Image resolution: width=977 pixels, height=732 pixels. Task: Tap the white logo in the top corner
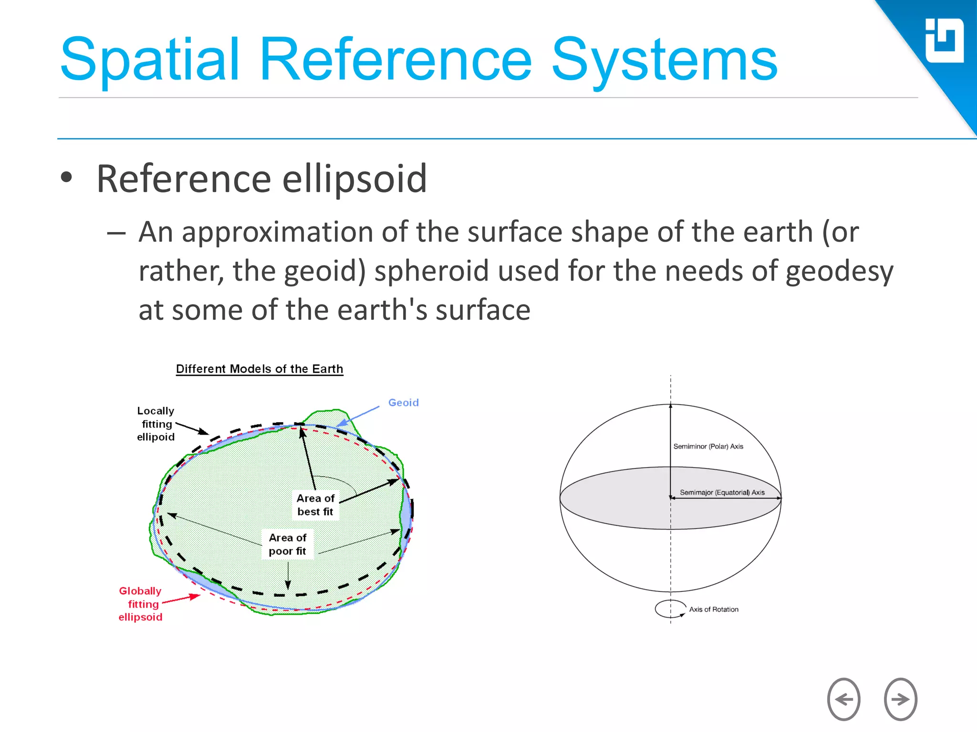(x=944, y=41)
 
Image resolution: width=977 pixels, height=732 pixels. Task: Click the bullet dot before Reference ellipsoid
(x=66, y=177)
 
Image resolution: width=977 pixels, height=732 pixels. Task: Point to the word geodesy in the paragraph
(x=839, y=271)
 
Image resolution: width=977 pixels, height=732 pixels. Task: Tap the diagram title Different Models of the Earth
(x=260, y=369)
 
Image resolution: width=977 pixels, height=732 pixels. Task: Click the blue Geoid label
(x=403, y=402)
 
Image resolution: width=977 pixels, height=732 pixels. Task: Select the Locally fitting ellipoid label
(x=156, y=424)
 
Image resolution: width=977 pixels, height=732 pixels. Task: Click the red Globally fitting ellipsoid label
(x=141, y=604)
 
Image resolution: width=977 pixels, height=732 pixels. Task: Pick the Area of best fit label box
(x=315, y=505)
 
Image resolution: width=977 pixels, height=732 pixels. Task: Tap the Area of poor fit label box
(x=287, y=544)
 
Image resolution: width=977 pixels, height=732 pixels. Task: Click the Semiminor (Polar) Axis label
(x=708, y=447)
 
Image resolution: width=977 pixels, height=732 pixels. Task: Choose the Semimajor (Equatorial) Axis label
(x=722, y=492)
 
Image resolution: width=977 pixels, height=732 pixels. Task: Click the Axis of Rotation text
(x=713, y=610)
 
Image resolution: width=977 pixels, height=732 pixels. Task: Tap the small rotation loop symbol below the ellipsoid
(x=669, y=609)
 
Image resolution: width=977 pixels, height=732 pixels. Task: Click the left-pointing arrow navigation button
(x=843, y=699)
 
